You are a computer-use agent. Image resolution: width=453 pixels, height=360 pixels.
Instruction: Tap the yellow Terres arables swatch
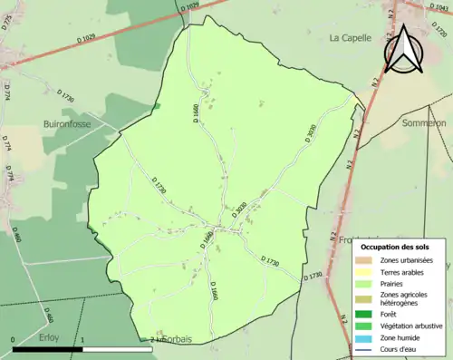(x=362, y=271)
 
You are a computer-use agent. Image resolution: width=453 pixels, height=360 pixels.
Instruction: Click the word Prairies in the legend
(x=393, y=283)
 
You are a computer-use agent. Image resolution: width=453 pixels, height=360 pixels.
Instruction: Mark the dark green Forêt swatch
(x=362, y=316)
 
